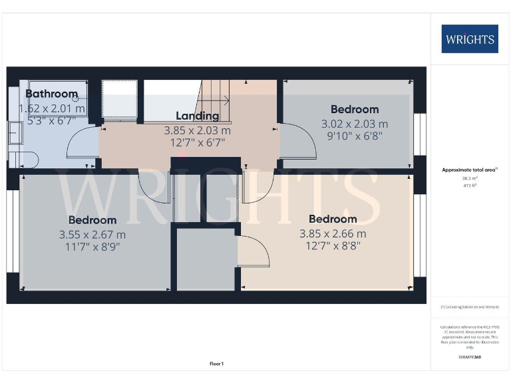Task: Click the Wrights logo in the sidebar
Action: pos(469,39)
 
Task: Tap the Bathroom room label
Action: pos(52,94)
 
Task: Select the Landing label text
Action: pos(197,116)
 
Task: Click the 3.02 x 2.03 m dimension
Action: pos(355,124)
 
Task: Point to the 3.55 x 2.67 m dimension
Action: pos(92,234)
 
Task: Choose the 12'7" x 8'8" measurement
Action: pos(333,246)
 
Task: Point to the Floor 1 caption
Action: pos(216,364)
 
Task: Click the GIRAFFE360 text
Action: pos(470,357)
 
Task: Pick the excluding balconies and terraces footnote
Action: pos(470,307)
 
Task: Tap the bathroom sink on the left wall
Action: pos(16,134)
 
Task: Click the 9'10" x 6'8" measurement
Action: pos(355,136)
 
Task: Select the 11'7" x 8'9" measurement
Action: pos(92,247)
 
